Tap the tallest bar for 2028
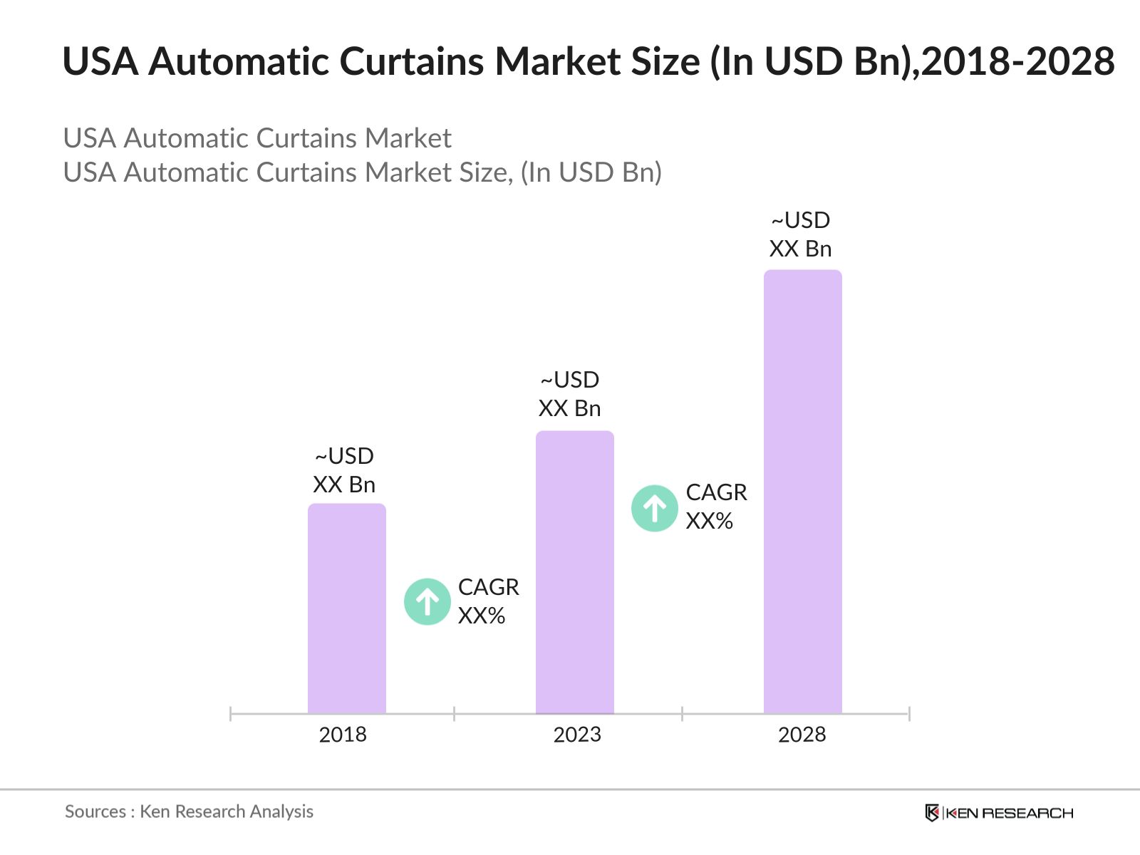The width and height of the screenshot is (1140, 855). click(x=802, y=491)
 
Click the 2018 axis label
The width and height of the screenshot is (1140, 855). click(x=343, y=735)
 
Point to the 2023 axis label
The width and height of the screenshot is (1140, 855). click(x=577, y=735)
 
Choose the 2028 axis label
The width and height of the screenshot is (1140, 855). click(x=802, y=735)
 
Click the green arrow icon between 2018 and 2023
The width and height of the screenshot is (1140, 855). click(x=427, y=602)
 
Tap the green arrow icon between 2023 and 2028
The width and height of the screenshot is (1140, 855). click(x=654, y=508)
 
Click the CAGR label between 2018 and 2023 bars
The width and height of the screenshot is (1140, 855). click(x=488, y=601)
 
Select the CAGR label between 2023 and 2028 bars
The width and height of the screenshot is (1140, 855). click(x=716, y=507)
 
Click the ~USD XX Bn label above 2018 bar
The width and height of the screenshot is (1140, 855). click(x=344, y=470)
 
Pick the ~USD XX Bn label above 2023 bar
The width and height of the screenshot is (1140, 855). click(x=569, y=394)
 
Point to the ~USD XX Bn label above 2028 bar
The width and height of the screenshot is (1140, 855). click(x=800, y=234)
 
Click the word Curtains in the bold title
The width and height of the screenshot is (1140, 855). click(x=413, y=62)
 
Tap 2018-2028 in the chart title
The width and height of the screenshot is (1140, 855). click(x=1017, y=62)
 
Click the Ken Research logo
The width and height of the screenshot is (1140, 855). click(x=998, y=813)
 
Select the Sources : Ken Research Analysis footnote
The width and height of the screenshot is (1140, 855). click(x=189, y=812)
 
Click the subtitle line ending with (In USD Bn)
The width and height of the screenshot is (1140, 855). click(x=362, y=172)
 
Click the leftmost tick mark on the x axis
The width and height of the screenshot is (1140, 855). click(x=231, y=713)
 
